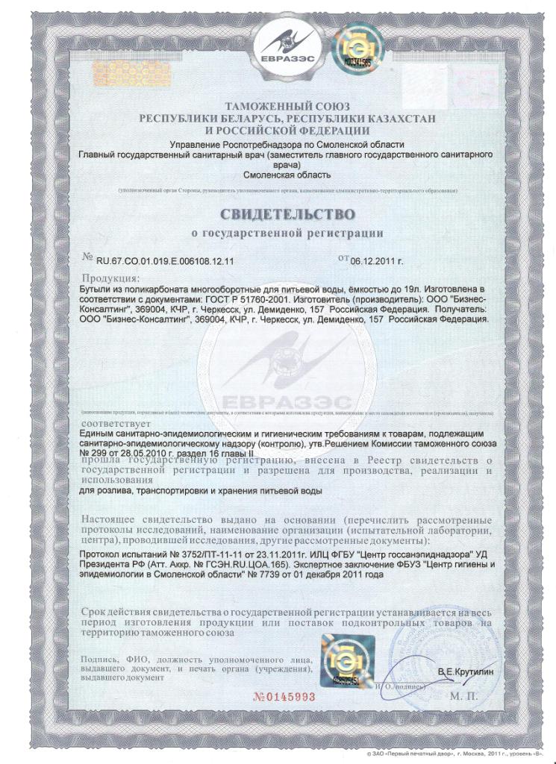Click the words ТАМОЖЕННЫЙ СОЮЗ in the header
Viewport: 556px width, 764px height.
coord(287,107)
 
